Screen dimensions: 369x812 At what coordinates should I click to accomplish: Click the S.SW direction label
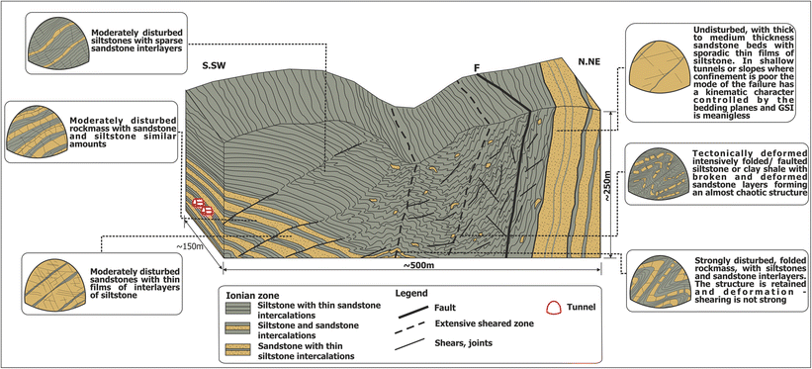pos(218,66)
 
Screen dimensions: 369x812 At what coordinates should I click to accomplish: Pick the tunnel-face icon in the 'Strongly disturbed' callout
pos(657,280)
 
